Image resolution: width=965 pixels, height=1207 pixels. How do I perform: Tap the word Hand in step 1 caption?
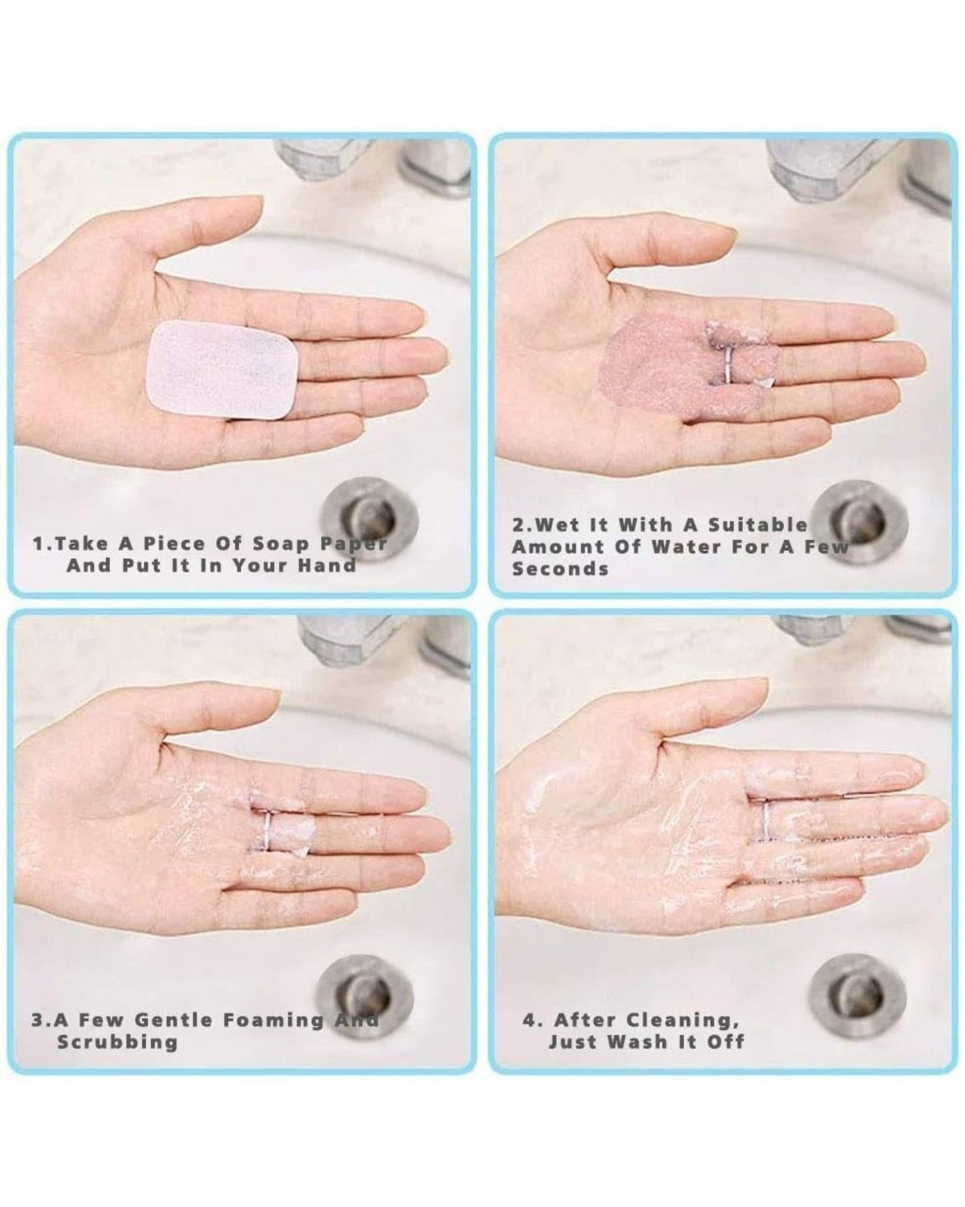tap(327, 565)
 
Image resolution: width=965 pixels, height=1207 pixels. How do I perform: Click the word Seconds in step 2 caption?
tap(560, 569)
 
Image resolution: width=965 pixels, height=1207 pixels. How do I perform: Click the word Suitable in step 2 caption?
tap(757, 524)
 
